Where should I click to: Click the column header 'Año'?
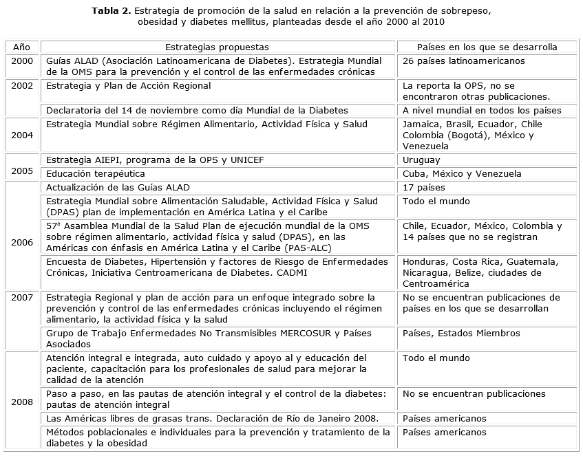click(x=21, y=47)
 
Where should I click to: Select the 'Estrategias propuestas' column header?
click(x=217, y=47)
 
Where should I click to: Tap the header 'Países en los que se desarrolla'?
click(x=487, y=47)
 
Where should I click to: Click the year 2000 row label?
click(x=21, y=61)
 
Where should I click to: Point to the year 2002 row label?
click(x=21, y=86)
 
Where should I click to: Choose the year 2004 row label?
click(x=21, y=135)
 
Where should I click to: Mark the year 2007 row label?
click(x=21, y=298)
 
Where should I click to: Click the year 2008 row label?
click(x=21, y=402)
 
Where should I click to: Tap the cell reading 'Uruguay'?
click(x=422, y=160)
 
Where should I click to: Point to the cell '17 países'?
click(x=423, y=188)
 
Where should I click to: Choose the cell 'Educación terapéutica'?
click(x=96, y=174)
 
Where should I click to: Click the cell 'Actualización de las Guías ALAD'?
click(x=118, y=188)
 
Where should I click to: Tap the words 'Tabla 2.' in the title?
click(x=112, y=11)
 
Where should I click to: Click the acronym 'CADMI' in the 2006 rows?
click(x=291, y=273)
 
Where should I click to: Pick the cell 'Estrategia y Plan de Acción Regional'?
click(x=129, y=86)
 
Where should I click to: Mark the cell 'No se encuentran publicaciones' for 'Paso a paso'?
click(x=474, y=394)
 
